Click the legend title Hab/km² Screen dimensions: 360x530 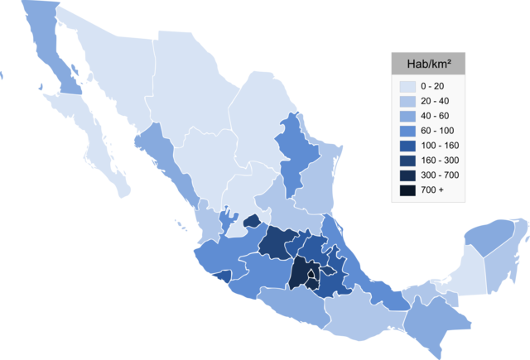coord(428,64)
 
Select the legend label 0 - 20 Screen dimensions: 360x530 coord(431,86)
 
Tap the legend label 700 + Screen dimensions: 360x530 coord(431,190)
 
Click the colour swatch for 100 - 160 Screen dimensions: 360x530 coord(407,146)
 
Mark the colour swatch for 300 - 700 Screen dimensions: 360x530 coord(407,175)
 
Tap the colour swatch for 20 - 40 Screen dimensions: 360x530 coord(407,101)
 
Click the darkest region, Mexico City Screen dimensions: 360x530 coord(311,274)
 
